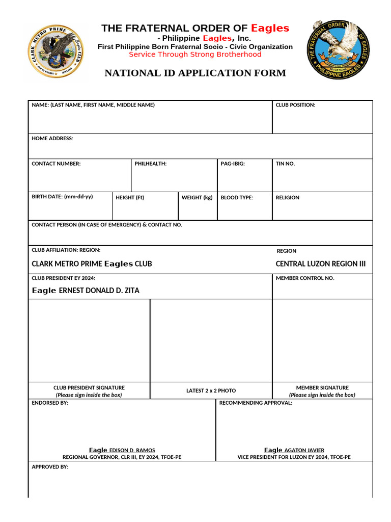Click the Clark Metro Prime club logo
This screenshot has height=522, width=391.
(x=56, y=52)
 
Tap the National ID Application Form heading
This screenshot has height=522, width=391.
(x=195, y=73)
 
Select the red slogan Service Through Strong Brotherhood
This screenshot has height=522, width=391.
(x=195, y=55)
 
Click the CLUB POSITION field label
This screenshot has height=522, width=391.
(x=295, y=105)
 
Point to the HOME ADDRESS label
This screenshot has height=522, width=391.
(x=52, y=139)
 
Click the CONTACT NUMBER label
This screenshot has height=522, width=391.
(x=56, y=164)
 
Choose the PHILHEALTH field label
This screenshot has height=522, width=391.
(x=150, y=164)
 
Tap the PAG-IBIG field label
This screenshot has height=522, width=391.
(x=233, y=164)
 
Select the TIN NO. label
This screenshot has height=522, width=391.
(x=285, y=164)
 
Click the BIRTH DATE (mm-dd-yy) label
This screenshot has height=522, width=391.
(x=62, y=197)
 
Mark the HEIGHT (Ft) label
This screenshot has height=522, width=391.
(x=130, y=197)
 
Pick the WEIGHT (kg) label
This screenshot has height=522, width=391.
(x=197, y=197)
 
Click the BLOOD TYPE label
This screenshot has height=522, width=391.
(x=237, y=197)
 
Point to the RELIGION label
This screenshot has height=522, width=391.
(x=288, y=197)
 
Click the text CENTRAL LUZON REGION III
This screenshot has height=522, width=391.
(x=320, y=264)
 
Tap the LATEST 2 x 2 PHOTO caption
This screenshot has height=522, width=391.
(x=211, y=390)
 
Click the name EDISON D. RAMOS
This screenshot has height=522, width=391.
(x=132, y=450)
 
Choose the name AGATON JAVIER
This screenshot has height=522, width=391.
(x=303, y=450)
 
